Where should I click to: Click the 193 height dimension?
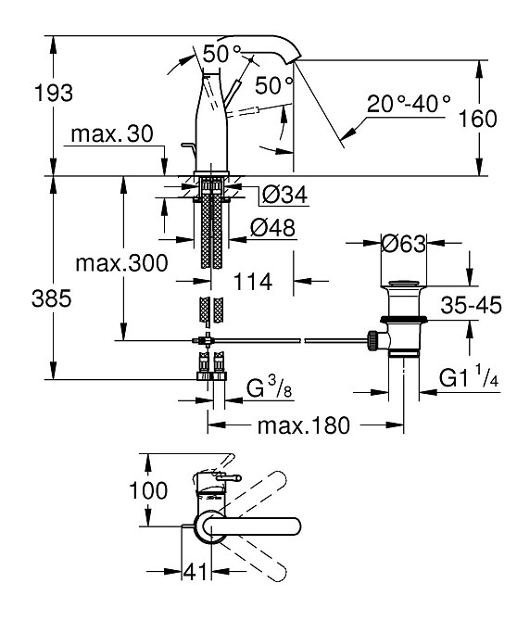click(54, 94)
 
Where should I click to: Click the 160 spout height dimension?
click(477, 119)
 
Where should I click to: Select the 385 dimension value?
click(52, 298)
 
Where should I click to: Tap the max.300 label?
click(121, 263)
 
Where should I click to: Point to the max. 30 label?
click(112, 133)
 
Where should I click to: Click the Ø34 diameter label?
click(284, 196)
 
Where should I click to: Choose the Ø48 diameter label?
click(272, 228)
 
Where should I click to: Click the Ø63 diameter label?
click(404, 244)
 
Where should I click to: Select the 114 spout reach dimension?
click(253, 282)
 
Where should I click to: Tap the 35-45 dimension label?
click(471, 305)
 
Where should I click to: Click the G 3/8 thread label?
click(270, 388)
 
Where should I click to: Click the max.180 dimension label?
click(304, 425)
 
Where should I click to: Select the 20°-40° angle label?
click(409, 104)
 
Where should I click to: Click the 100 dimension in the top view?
click(148, 490)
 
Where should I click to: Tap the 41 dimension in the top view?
click(195, 572)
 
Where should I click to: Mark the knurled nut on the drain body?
click(372, 340)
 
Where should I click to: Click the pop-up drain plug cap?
click(403, 284)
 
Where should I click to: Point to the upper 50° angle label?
click(222, 55)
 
